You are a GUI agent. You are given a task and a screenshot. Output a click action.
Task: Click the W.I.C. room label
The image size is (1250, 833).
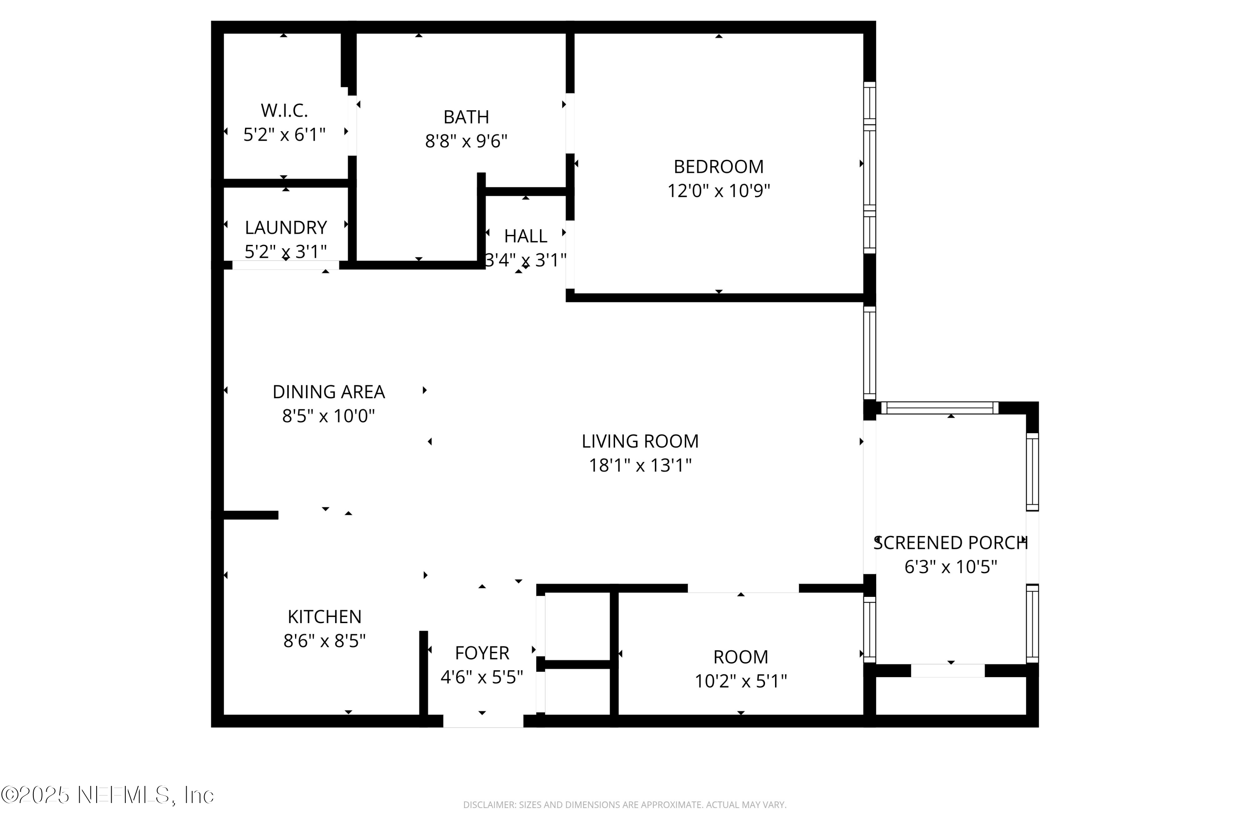click(x=284, y=110)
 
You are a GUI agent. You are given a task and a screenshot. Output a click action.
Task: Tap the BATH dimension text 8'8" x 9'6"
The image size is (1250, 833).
click(x=466, y=141)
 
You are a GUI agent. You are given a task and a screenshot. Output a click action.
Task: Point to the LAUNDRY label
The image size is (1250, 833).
click(x=285, y=227)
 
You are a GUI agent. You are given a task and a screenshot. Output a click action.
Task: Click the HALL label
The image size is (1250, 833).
click(x=525, y=236)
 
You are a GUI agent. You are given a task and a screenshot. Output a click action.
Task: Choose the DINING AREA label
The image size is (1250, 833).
click(x=328, y=392)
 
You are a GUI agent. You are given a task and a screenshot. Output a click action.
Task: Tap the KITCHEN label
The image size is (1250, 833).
click(x=324, y=617)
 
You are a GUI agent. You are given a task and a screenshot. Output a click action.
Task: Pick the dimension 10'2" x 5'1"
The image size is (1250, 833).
click(x=740, y=681)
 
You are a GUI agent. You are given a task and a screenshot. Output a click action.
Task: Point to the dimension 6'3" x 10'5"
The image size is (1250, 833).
click(x=950, y=567)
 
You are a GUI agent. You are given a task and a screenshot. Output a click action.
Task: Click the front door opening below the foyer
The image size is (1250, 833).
click(x=483, y=721)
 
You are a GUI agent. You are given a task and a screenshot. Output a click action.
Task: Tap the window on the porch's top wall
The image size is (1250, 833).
click(x=940, y=408)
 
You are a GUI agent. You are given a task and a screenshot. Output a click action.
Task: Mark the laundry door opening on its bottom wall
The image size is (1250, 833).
click(x=285, y=265)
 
